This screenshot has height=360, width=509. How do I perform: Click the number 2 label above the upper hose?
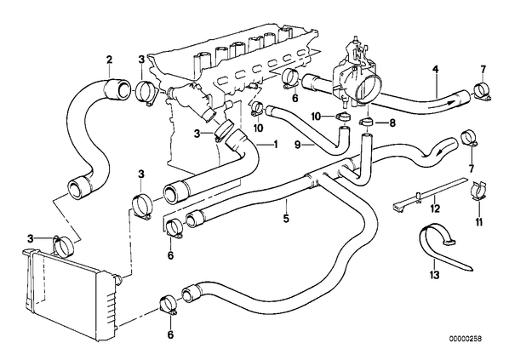coord(110,60)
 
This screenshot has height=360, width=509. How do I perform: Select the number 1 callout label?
coord(276,144)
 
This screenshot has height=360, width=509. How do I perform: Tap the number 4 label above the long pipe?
coord(435,69)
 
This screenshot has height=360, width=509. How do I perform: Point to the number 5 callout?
coord(286,219)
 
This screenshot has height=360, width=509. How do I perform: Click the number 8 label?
coord(392,123)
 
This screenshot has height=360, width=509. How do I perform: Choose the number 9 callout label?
coord(298,145)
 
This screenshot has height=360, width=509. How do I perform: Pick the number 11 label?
coord(479,222)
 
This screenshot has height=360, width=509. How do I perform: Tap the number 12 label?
coord(435,209)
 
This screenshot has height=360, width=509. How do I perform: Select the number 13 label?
coord(434,275)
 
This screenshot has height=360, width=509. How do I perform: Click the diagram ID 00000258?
coord(466,339)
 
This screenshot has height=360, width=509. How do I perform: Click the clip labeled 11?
coord(478,192)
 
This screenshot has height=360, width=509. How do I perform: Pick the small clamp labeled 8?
coord(366,123)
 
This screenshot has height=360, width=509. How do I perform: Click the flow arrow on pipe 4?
coord(441,104)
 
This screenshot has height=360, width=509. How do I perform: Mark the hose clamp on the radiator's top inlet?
coord(64,246)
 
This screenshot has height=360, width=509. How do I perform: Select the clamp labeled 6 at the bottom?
coord(169,305)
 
